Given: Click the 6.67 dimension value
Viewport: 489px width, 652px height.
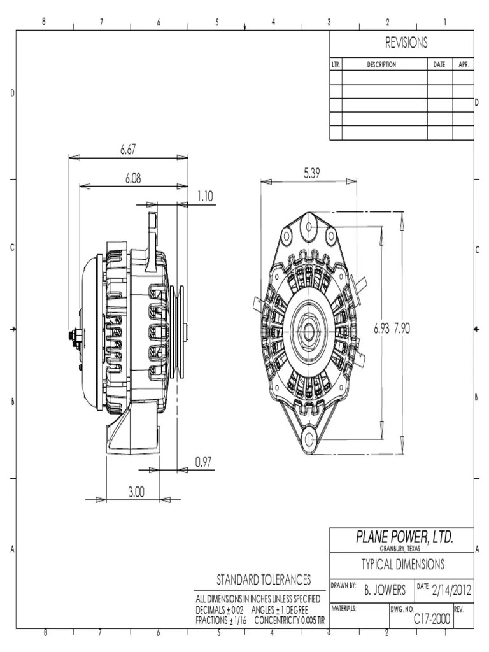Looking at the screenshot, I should coord(128,150).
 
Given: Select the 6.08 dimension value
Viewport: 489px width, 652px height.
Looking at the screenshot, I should coord(132,179).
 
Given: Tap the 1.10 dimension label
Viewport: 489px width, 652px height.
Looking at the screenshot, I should coord(204,197).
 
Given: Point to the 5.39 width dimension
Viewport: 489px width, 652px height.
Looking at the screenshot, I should coord(312,173).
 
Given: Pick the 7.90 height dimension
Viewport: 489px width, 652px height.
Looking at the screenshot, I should coord(402,329).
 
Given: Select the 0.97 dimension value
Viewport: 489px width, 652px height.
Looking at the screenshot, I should coord(203,462).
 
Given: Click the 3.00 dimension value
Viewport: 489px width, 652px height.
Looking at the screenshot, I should coord(136,492).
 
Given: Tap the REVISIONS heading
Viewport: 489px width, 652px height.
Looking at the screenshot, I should coord(406,43).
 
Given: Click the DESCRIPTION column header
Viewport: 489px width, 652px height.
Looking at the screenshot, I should coord(381,64).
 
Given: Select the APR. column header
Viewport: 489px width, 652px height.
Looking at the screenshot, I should coord(463,64).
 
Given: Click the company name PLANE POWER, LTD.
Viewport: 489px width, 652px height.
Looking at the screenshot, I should coord(404,538).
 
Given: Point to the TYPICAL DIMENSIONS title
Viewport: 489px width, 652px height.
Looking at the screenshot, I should coord(403,564).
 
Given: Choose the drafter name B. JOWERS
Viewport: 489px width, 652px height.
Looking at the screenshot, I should coord(385,590).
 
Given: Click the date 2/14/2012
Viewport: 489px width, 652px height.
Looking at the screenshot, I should coord(451,590).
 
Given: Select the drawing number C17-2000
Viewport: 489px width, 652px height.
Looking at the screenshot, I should coord(432,618).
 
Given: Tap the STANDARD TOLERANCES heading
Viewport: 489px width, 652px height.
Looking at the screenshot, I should coord(264,579).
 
